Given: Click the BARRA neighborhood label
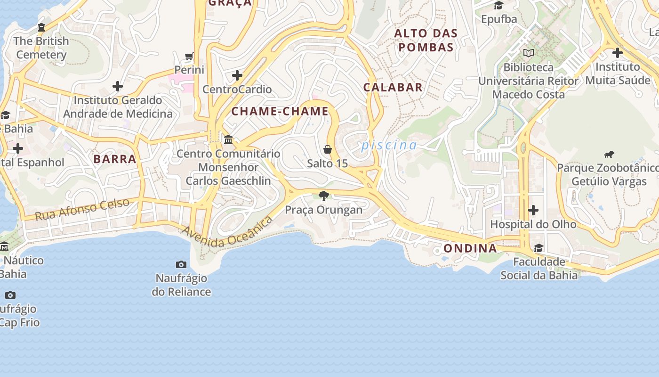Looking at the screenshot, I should pyautogui.click(x=115, y=159).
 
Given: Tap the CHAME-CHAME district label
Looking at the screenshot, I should pyautogui.click(x=280, y=112).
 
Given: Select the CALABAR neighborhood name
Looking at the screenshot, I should pyautogui.click(x=393, y=87).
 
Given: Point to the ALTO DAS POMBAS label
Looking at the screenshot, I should pyautogui.click(x=426, y=40).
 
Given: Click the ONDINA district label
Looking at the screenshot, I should pyautogui.click(x=470, y=248).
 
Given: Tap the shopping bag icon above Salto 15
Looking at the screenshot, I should pyautogui.click(x=328, y=149).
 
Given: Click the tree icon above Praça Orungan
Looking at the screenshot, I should pyautogui.click(x=323, y=196).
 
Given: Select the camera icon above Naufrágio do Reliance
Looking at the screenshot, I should pyautogui.click(x=181, y=264).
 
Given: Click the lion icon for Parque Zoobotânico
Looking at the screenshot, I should pyautogui.click(x=609, y=154).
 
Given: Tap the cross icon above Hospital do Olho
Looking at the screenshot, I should pyautogui.click(x=533, y=210).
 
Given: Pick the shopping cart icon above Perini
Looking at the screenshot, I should pyautogui.click(x=189, y=57).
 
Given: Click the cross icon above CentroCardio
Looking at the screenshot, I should pyautogui.click(x=237, y=75).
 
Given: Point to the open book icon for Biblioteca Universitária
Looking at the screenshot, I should pyautogui.click(x=529, y=53).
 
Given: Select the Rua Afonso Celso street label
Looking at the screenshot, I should pyautogui.click(x=82, y=210).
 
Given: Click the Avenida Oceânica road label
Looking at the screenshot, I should pyautogui.click(x=227, y=234).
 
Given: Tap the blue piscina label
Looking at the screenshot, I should pyautogui.click(x=389, y=145).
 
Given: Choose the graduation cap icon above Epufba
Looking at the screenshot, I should pyautogui.click(x=498, y=5).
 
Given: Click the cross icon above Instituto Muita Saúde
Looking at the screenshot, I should pyautogui.click(x=617, y=52).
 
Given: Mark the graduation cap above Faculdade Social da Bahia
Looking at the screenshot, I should pyautogui.click(x=538, y=248).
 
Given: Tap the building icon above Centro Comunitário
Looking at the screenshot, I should pyautogui.click(x=228, y=139).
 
